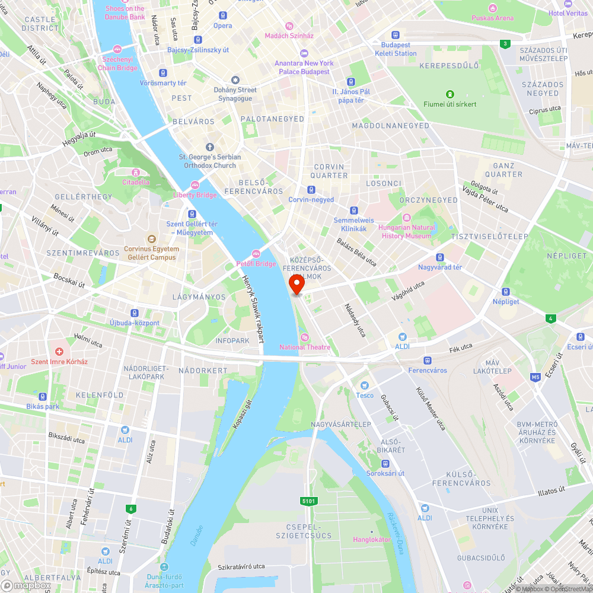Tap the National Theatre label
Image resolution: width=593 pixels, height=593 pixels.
point(305,347)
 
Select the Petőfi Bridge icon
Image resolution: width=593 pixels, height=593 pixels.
point(257,254)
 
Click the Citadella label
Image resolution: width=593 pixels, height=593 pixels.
point(136,182)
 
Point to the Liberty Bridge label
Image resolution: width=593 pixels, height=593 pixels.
point(195,195)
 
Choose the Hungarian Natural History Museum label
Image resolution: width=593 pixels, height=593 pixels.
point(407,231)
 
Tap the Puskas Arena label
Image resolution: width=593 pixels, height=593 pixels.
point(493,18)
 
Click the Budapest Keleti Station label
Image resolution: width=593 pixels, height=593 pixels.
point(396,49)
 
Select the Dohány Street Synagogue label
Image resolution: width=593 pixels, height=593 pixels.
point(235,94)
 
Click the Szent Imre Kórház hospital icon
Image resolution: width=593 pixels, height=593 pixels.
point(59,352)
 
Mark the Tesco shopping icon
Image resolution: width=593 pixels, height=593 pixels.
point(365,385)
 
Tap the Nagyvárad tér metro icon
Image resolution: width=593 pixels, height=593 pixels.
point(440,257)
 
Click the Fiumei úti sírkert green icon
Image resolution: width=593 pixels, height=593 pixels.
point(450,94)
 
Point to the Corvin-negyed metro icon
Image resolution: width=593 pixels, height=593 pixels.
point(311,190)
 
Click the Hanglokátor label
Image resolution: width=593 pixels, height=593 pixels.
point(372,540)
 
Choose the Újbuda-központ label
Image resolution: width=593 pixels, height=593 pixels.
point(135,323)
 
